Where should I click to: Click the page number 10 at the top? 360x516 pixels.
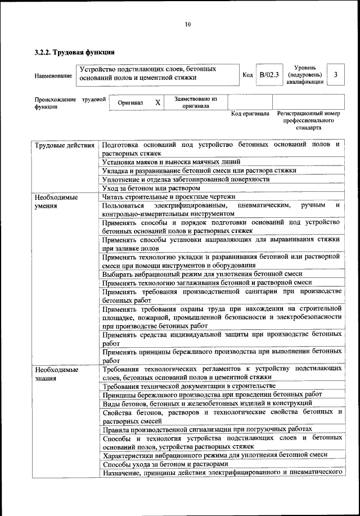[x=188, y=24]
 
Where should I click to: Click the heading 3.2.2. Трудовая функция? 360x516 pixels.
[x=75, y=52]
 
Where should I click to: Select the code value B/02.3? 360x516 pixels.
[x=269, y=75]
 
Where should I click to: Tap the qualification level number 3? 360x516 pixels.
[x=336, y=75]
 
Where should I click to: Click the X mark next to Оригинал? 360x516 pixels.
[x=158, y=103]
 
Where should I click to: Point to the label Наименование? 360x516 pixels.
[x=53, y=75]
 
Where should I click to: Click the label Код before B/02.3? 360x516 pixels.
[x=247, y=75]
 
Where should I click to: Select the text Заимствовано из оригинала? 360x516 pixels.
[x=195, y=102]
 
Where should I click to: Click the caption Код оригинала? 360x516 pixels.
[x=250, y=114]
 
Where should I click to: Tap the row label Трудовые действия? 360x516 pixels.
[x=65, y=145]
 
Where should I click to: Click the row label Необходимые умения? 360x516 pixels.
[x=56, y=201]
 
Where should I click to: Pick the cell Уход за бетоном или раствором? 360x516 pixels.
[x=151, y=187]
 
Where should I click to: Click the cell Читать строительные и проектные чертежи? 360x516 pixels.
[x=168, y=196]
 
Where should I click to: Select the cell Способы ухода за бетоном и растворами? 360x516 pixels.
[x=165, y=464]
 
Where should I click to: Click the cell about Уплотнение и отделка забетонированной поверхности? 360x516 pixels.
[x=186, y=179]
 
